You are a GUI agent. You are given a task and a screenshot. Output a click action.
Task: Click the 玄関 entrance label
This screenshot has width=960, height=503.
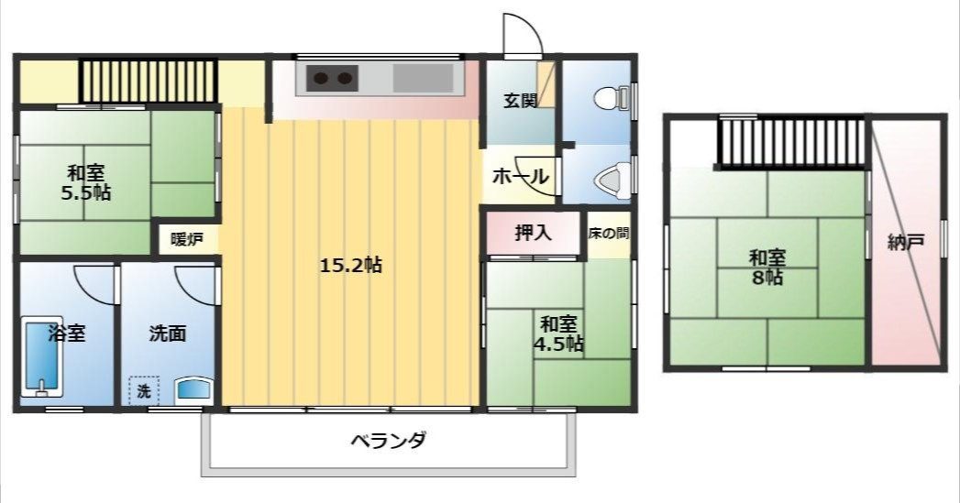coord(520,101)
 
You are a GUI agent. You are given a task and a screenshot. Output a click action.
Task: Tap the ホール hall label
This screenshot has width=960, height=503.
coord(521,176)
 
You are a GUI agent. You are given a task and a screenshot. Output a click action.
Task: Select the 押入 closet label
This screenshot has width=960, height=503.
coord(533,234)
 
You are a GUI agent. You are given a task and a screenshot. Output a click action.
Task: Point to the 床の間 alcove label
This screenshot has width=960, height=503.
coord(609,234)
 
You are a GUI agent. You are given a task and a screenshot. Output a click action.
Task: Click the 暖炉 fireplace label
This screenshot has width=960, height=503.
coord(186,240)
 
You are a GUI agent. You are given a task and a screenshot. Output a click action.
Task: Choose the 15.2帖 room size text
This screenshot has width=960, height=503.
coord(350,266)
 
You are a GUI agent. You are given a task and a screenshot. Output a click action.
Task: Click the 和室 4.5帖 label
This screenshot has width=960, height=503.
coord(558,334)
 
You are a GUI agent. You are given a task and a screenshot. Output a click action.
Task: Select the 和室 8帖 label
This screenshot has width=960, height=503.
coord(767,267)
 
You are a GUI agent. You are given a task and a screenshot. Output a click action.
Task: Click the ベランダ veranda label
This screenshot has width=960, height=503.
coord(389,441)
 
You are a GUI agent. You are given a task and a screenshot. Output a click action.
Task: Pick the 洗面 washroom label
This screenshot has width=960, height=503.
coord(168,333)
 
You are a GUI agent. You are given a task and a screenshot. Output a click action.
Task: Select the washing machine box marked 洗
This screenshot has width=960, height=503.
coord(143,391)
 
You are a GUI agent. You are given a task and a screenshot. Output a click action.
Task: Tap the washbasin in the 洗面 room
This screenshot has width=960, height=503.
coord(193,389)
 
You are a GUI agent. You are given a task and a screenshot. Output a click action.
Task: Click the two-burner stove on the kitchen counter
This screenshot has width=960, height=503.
coord(331,78)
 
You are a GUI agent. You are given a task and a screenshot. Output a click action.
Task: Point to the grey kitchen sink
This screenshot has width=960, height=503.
coord(423,78)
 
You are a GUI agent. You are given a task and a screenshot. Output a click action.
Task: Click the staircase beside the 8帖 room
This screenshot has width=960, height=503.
coord(791,142)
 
